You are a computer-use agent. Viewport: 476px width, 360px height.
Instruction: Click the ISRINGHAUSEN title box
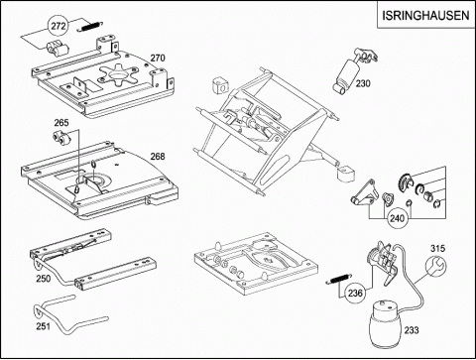pyautogui.click(x=425, y=15)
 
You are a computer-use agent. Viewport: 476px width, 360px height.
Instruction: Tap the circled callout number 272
pyautogui.click(x=59, y=26)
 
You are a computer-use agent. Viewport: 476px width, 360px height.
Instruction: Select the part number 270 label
pyautogui.click(x=158, y=58)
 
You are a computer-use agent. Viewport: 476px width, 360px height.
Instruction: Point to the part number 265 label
pyautogui.click(x=61, y=123)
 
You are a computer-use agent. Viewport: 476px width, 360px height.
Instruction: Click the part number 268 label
pyautogui.click(x=158, y=157)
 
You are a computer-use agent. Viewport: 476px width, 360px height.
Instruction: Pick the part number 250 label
pyautogui.click(x=44, y=279)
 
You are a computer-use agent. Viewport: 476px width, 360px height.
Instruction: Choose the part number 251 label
pyautogui.click(x=43, y=326)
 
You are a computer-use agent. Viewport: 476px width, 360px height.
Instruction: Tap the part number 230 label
pyautogui.click(x=363, y=83)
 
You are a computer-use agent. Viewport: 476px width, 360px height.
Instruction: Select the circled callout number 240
pyautogui.click(x=397, y=218)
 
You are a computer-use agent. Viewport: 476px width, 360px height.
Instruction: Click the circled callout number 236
pyautogui.click(x=355, y=294)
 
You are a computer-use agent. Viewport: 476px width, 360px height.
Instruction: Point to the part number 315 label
pyautogui.click(x=437, y=248)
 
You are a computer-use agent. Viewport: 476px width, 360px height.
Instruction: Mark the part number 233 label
pyautogui.click(x=412, y=330)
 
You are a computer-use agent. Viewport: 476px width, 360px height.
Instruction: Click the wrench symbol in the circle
pyautogui.click(x=436, y=267)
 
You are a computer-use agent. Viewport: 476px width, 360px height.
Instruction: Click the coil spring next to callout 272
pyautogui.click(x=90, y=27)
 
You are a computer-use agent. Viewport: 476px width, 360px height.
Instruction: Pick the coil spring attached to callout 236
pyautogui.click(x=338, y=279)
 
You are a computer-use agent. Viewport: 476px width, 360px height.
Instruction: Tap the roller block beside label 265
pyautogui.click(x=61, y=138)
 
